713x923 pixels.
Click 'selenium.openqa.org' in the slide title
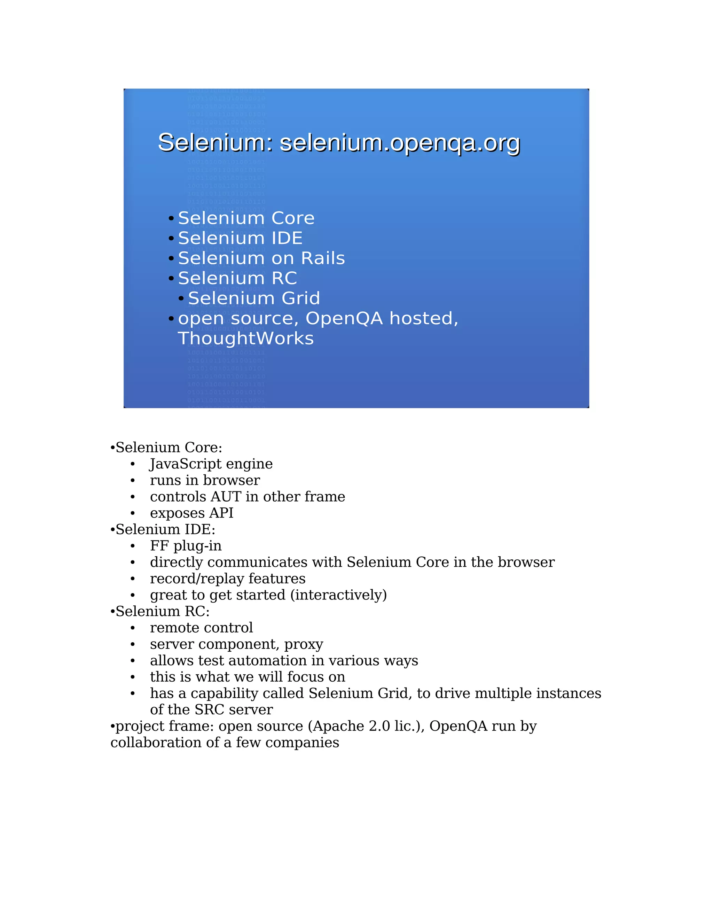(x=400, y=143)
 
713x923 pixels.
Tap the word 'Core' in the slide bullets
(x=292, y=218)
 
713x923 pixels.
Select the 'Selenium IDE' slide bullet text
(x=240, y=238)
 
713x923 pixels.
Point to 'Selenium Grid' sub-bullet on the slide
(x=254, y=298)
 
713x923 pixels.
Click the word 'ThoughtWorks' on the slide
(x=245, y=339)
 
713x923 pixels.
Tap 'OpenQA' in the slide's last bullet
(x=344, y=319)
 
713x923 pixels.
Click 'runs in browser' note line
(x=205, y=481)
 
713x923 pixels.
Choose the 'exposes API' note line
(x=191, y=513)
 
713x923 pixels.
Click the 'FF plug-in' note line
(x=186, y=546)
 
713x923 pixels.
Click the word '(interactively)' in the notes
(x=338, y=595)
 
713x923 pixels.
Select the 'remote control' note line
(x=201, y=628)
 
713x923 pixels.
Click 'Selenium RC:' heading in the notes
(x=163, y=612)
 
